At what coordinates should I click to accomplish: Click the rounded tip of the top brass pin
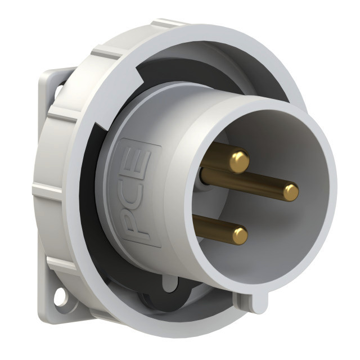point(240,159)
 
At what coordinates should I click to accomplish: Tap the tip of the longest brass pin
point(291,192)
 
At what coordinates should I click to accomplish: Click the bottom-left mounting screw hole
point(60,296)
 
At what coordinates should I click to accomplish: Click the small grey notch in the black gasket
point(170,283)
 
